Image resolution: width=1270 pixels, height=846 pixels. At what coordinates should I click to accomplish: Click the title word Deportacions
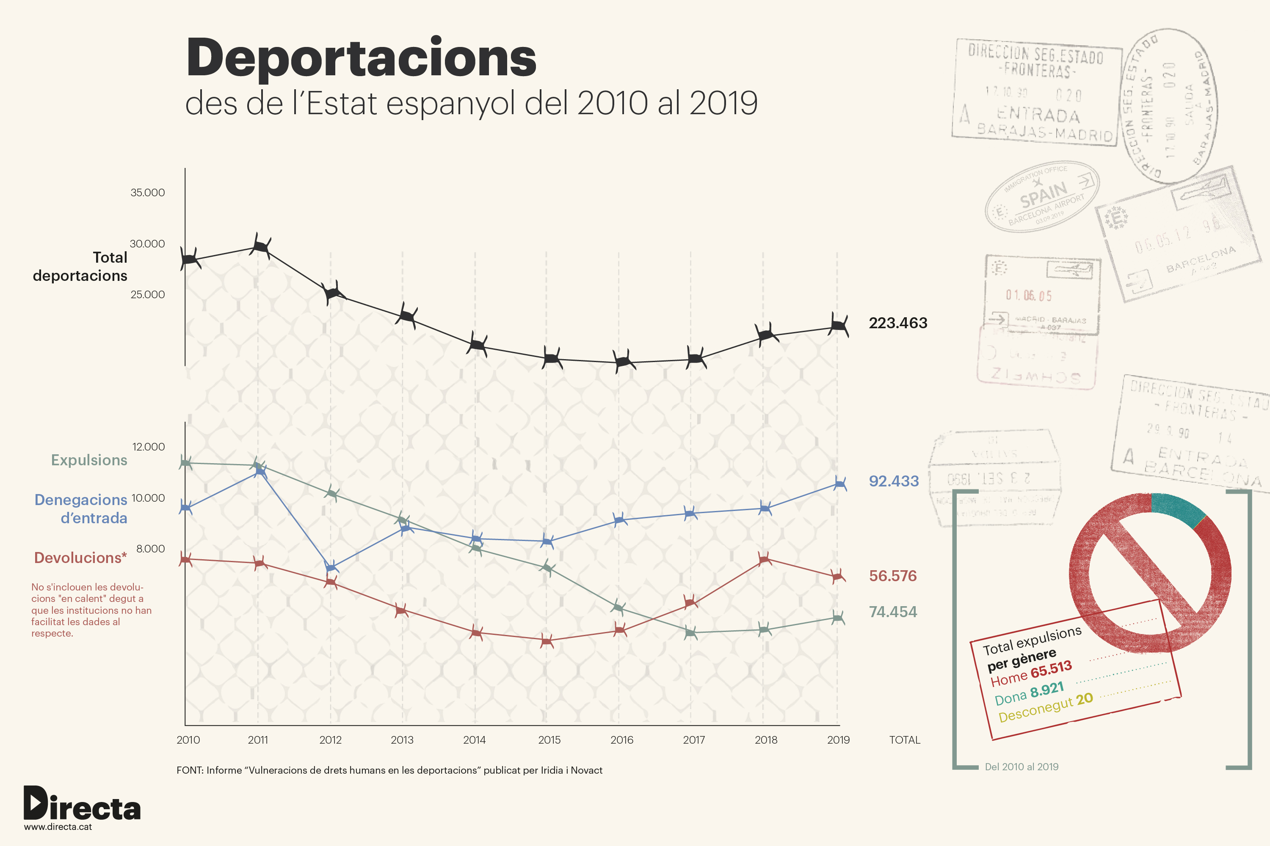coord(361,58)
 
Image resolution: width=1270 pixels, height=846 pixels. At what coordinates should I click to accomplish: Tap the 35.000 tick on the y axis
coord(147,192)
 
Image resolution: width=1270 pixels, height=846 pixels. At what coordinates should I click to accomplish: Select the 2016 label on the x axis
coord(621,740)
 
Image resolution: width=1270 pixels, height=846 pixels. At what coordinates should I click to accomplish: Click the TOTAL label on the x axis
coord(904,740)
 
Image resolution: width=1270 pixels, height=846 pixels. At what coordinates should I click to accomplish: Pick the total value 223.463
coord(897,323)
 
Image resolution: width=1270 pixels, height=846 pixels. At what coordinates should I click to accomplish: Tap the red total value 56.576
coord(892,576)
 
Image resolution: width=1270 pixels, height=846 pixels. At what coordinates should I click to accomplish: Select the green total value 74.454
coord(892,612)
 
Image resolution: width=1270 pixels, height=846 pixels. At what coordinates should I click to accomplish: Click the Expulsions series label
coord(89,460)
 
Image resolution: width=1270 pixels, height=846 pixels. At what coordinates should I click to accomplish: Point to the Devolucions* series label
coord(80,558)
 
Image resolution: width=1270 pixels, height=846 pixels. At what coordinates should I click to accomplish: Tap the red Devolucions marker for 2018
coord(764,559)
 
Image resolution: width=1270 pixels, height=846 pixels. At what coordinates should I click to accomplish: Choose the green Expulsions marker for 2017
coord(690,632)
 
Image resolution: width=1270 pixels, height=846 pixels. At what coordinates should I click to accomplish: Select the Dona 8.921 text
coord(1029,694)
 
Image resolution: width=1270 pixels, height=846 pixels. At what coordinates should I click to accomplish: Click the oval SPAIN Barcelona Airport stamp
coord(1042,197)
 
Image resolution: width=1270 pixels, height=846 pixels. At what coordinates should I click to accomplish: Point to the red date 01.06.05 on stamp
coord(1029,296)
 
